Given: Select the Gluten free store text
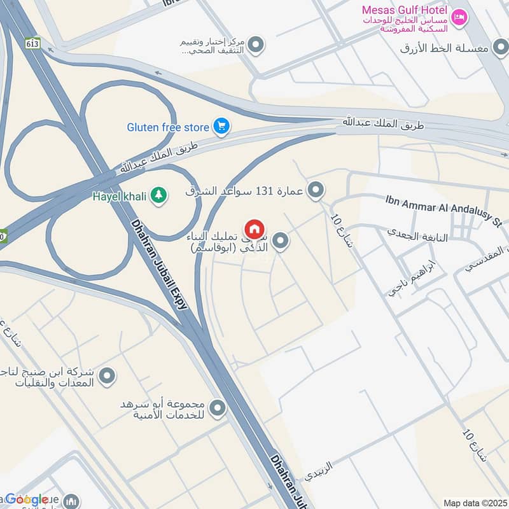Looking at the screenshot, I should point(168,127).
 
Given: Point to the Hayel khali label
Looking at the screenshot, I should point(120,197).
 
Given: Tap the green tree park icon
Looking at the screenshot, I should point(158,196).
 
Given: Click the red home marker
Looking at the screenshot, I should point(254,229).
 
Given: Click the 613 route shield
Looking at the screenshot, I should point(33,43).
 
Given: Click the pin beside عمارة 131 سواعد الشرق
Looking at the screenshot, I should point(315,190).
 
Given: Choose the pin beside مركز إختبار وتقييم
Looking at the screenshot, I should point(256,45).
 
